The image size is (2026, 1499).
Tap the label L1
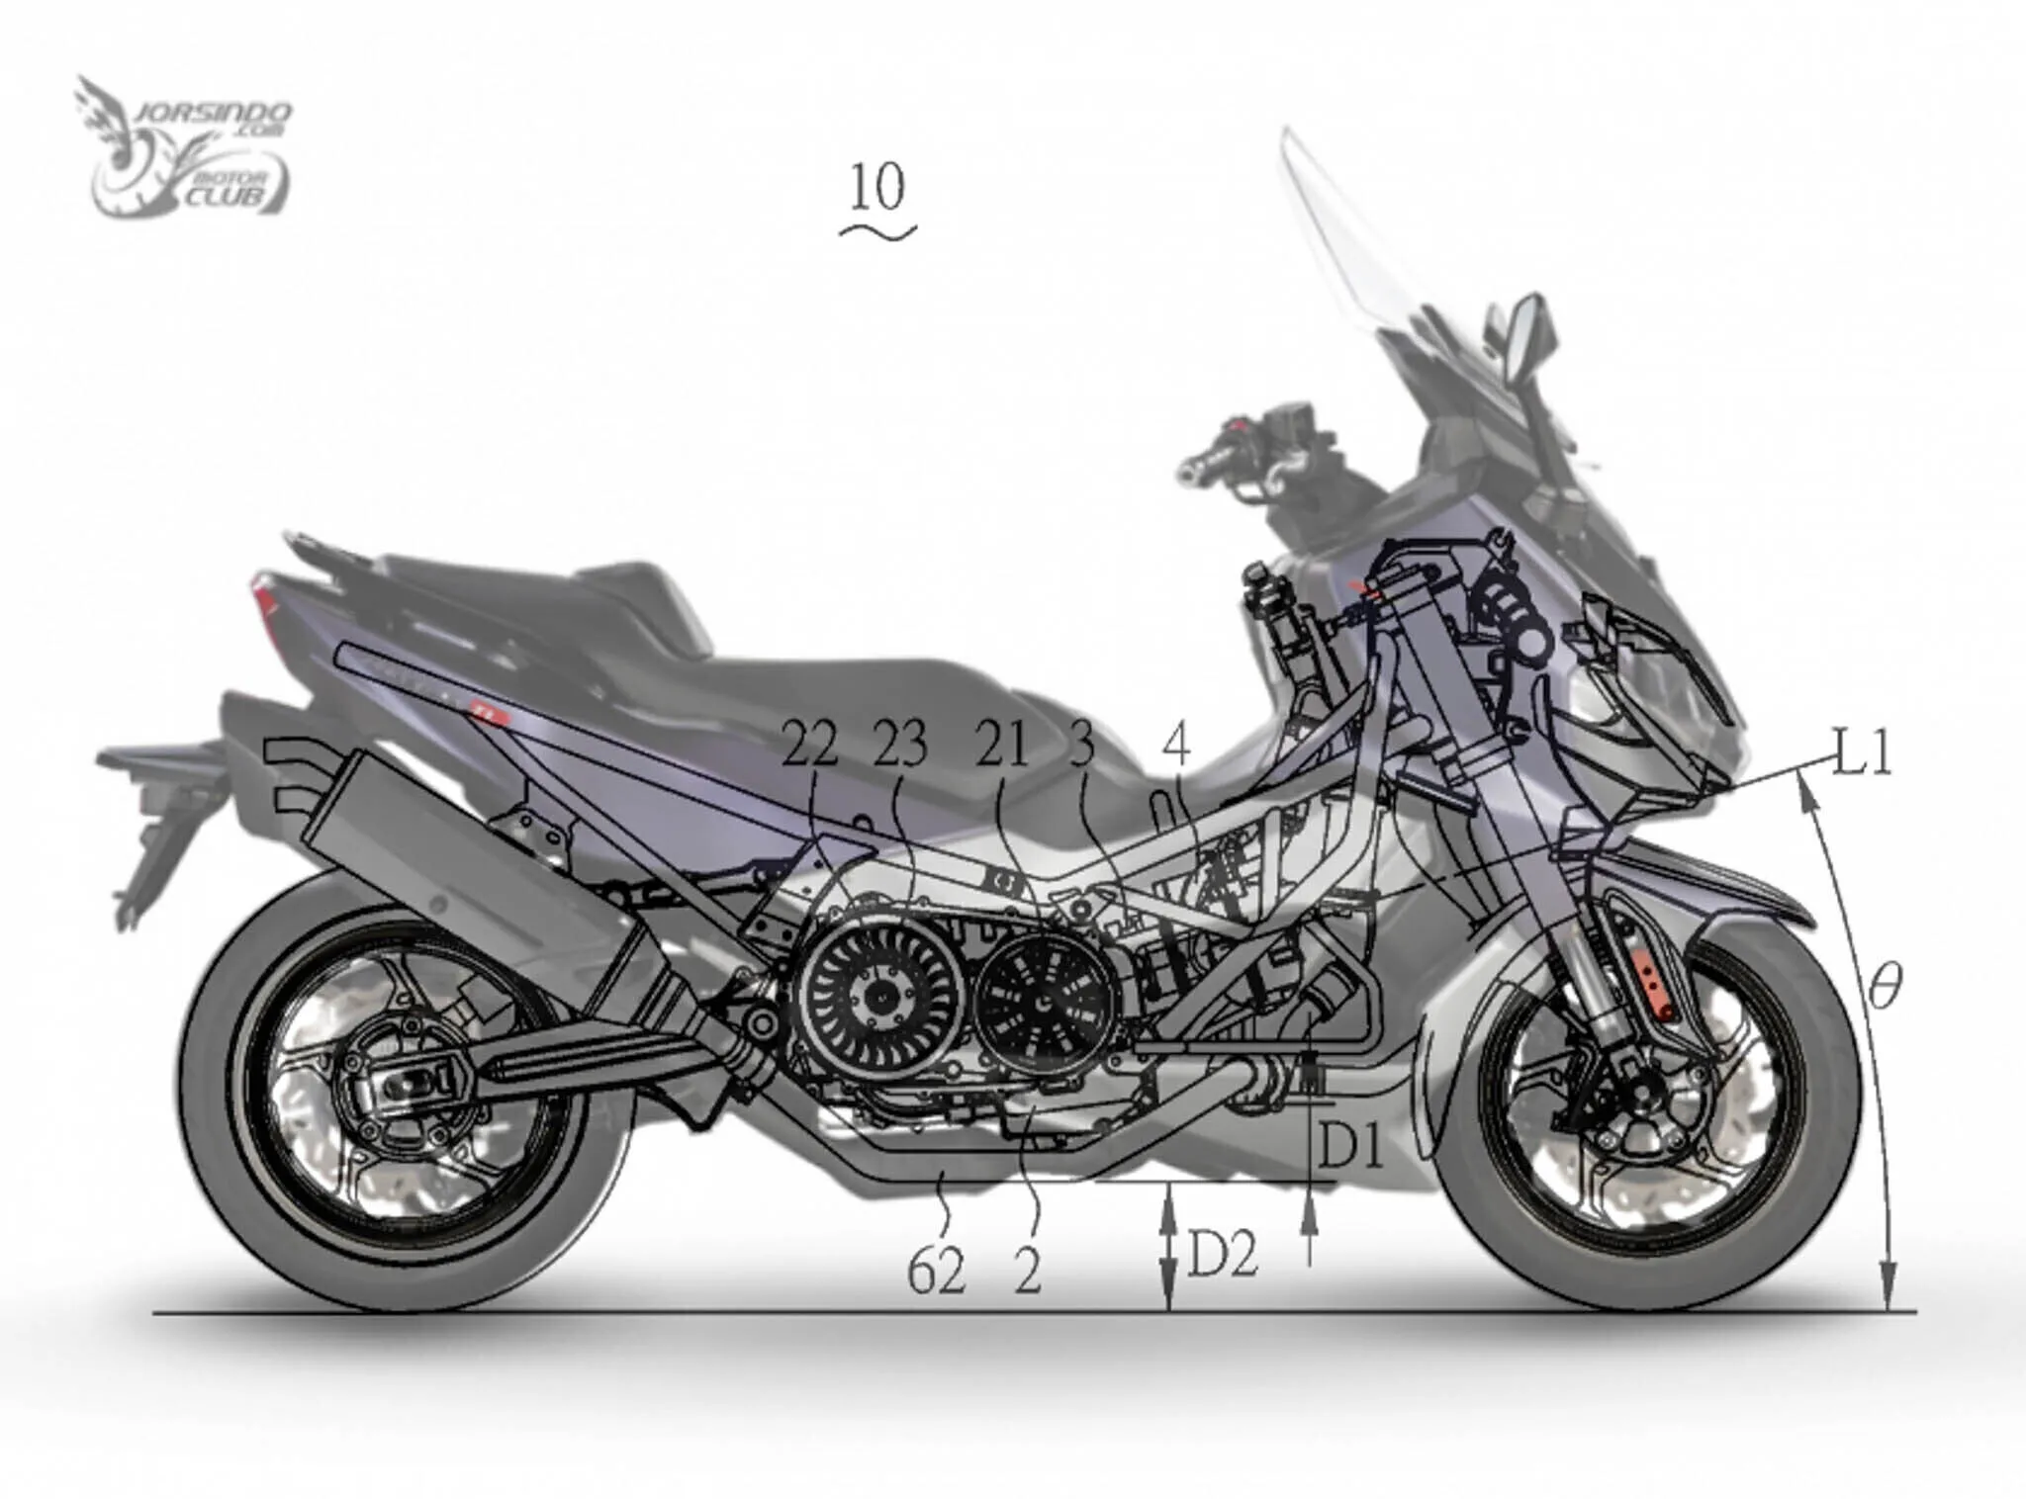(1862, 754)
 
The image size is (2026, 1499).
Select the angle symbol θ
(1884, 986)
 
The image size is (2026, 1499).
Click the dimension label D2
(1223, 1257)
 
